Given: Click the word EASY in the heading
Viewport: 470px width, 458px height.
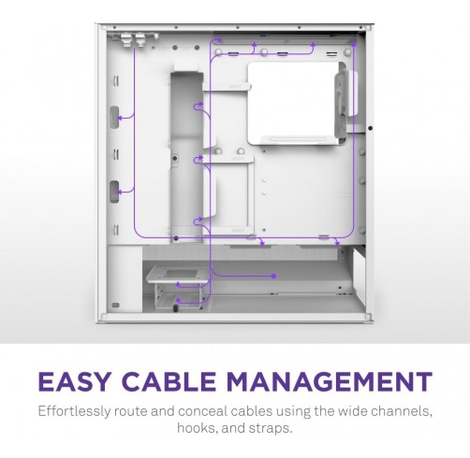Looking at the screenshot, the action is [74, 381].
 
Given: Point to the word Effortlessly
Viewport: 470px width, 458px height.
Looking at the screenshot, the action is [73, 411].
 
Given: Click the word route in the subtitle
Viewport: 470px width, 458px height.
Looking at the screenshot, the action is [130, 412].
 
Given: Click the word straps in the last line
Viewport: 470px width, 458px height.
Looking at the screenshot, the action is [271, 429].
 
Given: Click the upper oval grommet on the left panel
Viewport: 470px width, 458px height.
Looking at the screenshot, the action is [114, 117].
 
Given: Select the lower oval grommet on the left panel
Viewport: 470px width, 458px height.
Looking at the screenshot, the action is [114, 192].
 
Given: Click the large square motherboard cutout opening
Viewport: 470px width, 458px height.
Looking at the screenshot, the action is [293, 104].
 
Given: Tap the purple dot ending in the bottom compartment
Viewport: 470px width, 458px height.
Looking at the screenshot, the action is [273, 276].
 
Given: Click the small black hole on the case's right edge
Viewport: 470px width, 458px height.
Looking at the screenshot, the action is [371, 128].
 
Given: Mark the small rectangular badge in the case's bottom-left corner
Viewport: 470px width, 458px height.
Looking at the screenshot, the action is [115, 305].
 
